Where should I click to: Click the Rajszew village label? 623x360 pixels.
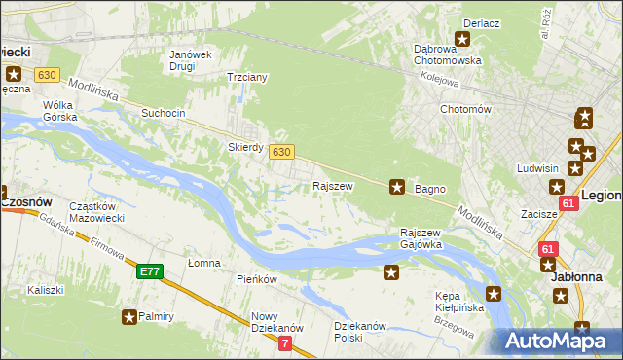point(331,185)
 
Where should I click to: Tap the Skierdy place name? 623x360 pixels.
point(245,148)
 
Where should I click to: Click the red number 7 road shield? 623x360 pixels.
point(284,343)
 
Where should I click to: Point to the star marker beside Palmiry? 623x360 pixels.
point(129,316)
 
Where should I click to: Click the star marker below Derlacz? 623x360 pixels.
point(462,40)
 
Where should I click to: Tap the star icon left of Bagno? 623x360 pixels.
point(396,186)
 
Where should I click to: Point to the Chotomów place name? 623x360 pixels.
point(464,110)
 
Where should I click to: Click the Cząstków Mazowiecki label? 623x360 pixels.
point(94,213)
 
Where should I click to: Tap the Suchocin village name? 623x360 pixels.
point(163,113)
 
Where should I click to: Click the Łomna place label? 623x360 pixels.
point(204,264)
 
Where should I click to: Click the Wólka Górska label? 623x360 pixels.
point(59,111)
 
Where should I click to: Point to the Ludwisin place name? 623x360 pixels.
point(538,168)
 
